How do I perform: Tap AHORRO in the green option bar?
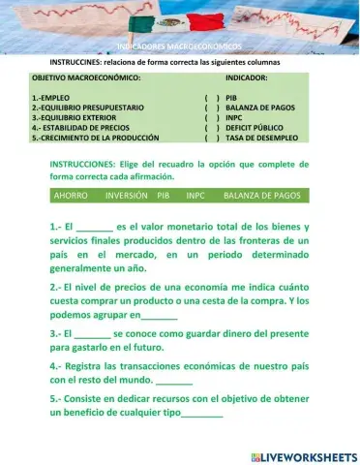(x=72, y=195)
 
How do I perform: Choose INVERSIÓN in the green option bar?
(x=122, y=195)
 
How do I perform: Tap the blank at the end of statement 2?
(x=160, y=317)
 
